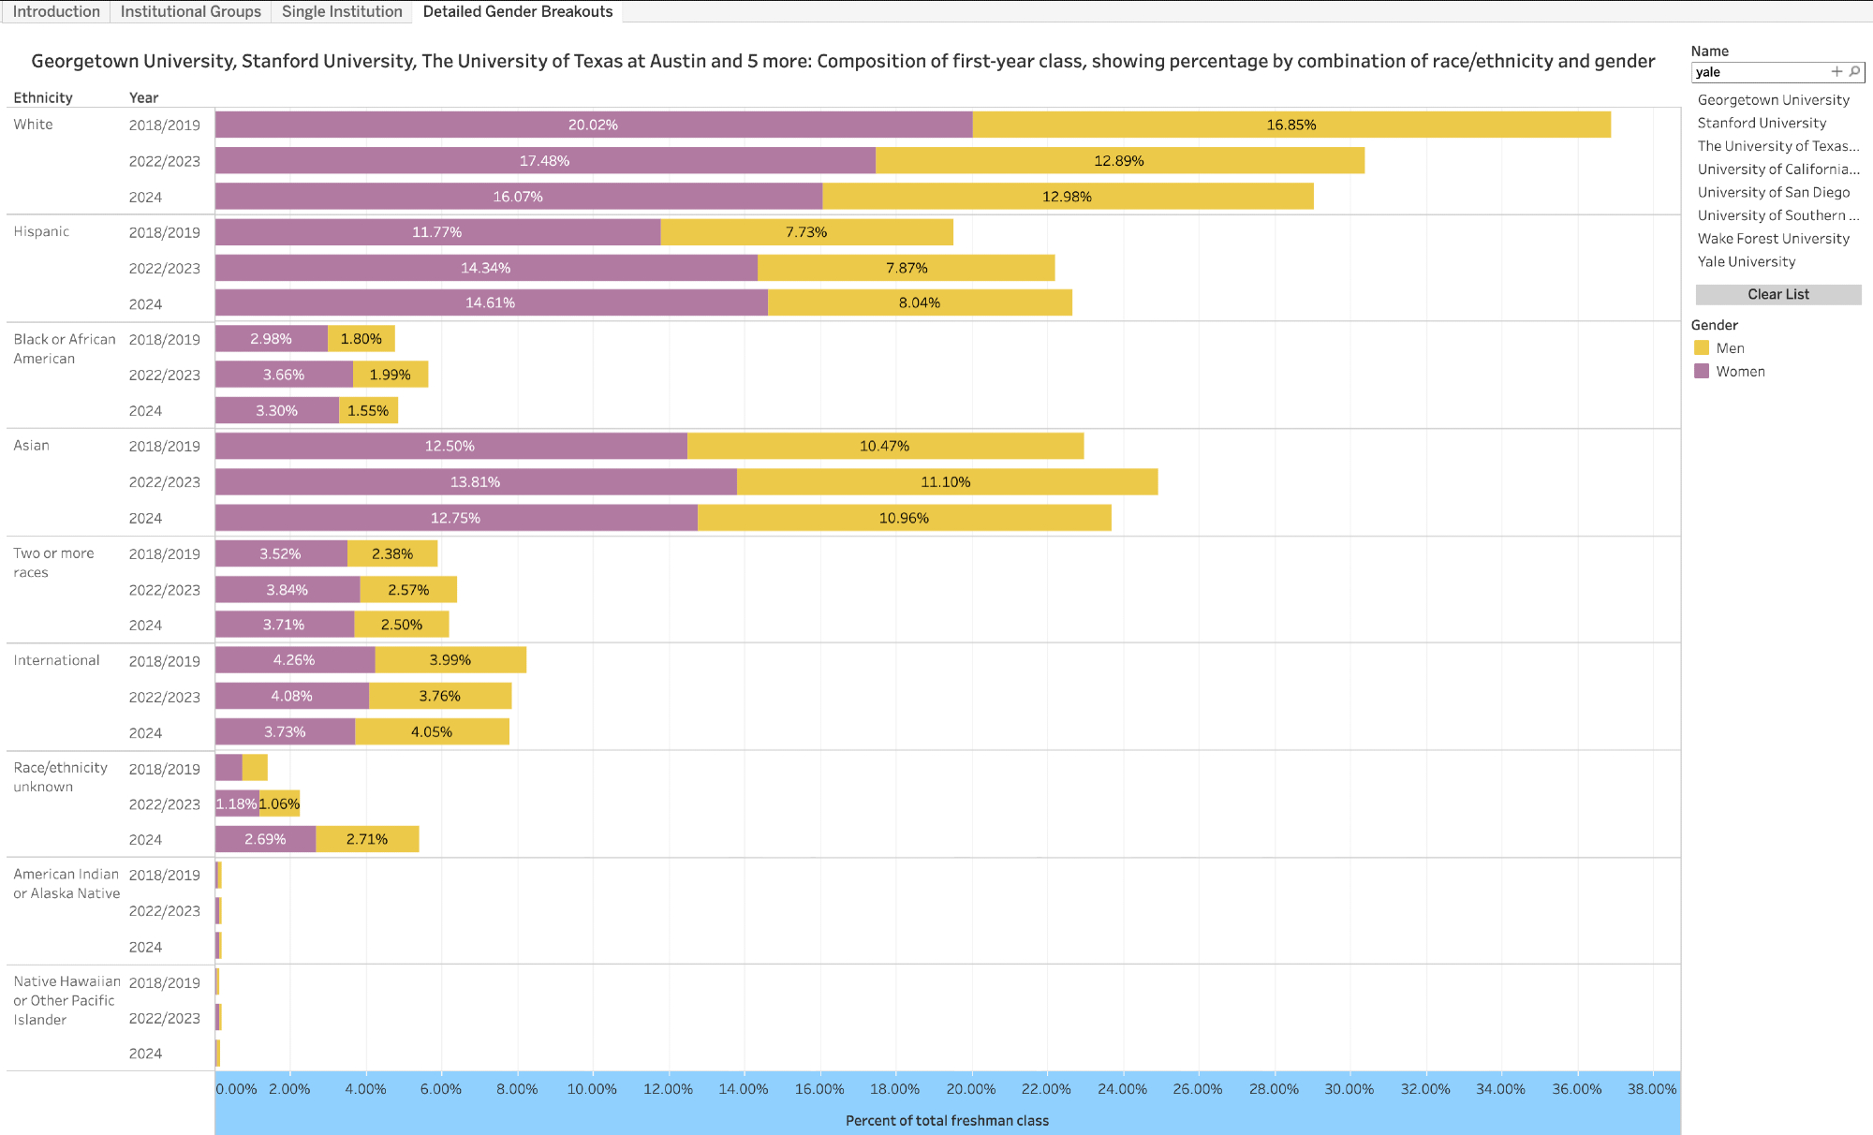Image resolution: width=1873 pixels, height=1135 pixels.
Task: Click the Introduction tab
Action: (x=56, y=11)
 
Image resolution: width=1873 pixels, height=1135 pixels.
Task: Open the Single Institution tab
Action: (x=342, y=11)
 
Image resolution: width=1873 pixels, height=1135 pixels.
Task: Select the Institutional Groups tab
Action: (x=190, y=11)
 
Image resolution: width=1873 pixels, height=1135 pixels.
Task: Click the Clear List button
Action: (x=1777, y=294)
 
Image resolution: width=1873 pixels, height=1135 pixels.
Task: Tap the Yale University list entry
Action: (x=1746, y=262)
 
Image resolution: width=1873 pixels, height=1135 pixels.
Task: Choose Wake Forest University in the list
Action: (x=1773, y=239)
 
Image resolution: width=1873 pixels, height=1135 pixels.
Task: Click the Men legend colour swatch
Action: (x=1702, y=347)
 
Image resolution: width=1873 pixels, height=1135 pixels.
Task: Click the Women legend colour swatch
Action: (x=1702, y=371)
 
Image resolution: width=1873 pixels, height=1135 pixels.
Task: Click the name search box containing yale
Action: (x=1759, y=72)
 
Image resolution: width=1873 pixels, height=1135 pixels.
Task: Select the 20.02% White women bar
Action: (x=593, y=125)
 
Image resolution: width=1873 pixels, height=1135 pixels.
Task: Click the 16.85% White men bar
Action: (x=1290, y=125)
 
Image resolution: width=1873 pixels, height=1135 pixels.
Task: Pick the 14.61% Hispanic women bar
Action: (x=491, y=302)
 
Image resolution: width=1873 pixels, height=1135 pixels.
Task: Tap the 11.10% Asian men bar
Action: (x=946, y=482)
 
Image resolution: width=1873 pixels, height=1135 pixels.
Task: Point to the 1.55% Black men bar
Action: (x=368, y=410)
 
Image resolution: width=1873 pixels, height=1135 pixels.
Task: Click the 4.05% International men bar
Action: (x=432, y=731)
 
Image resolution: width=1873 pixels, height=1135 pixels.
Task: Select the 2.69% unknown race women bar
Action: (x=265, y=839)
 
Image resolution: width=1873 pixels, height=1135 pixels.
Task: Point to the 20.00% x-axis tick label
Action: (x=970, y=1089)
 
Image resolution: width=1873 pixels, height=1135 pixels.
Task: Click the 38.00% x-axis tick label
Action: (x=1651, y=1089)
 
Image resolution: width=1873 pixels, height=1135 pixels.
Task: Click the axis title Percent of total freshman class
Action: (x=947, y=1120)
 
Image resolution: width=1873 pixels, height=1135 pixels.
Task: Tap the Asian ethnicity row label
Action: (x=32, y=446)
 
